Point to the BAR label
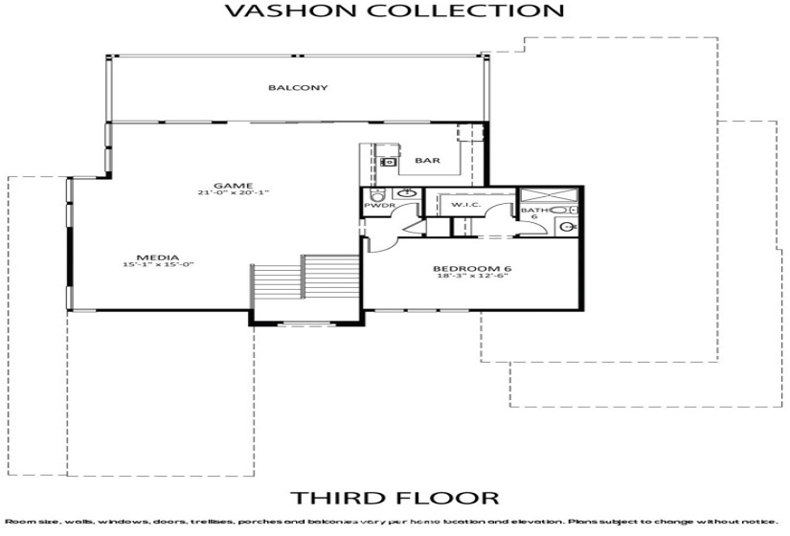pos(427,161)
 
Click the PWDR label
pos(373,206)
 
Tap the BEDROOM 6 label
pos(472,269)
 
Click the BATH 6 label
pos(530,212)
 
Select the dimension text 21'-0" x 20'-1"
pos(233,193)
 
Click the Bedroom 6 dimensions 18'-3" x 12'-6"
pos(472,278)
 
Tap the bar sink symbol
pos(389,163)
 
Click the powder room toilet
pos(375,195)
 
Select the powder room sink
pos(407,194)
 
